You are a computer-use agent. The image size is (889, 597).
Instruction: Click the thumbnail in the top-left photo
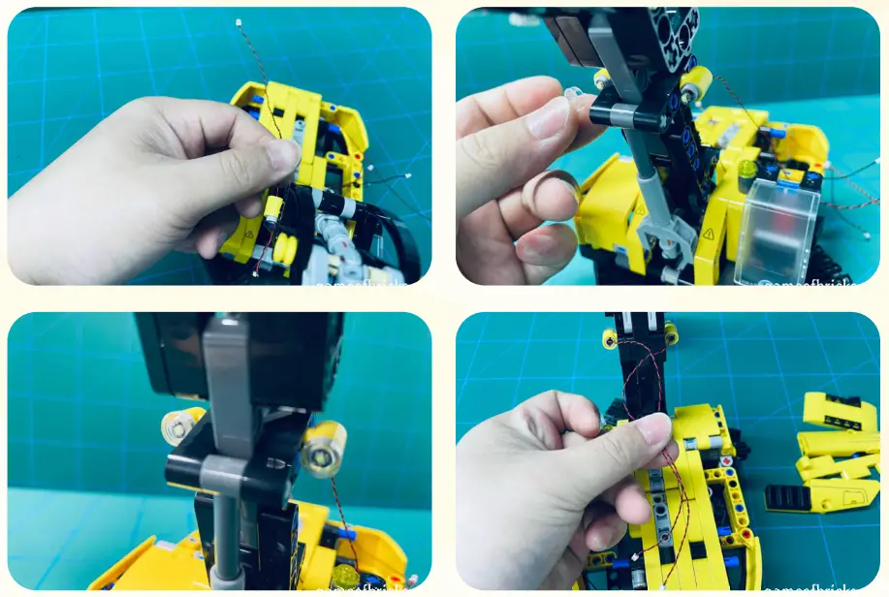(282, 155)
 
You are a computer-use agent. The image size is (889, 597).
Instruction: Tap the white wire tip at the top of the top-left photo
(238, 21)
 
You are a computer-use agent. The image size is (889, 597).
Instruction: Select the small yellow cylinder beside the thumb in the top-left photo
(273, 207)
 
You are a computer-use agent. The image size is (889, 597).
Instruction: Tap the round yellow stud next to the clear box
(746, 170)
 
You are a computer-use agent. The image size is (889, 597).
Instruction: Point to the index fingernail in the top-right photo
(549, 118)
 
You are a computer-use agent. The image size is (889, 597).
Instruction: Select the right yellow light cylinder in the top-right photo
(695, 84)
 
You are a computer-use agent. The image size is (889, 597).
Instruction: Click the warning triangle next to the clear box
(709, 234)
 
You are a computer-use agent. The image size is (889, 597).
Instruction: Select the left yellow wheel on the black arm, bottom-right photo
(610, 338)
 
